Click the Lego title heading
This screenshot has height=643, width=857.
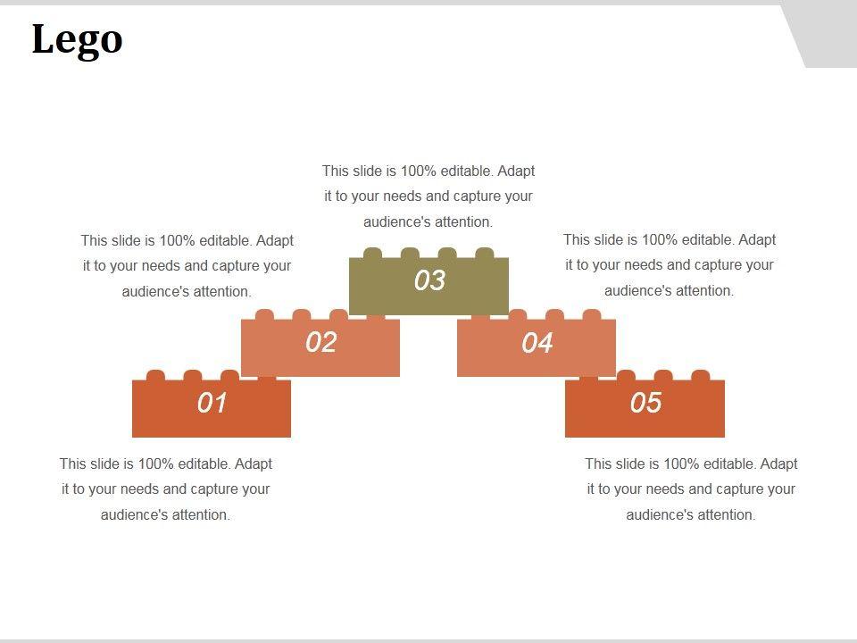pyautogui.click(x=77, y=39)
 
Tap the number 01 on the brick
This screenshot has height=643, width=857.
pyautogui.click(x=212, y=403)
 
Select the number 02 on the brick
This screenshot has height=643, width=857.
pyautogui.click(x=320, y=342)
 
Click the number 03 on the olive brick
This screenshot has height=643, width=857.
pyautogui.click(x=429, y=280)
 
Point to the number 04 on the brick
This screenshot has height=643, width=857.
pyautogui.click(x=537, y=343)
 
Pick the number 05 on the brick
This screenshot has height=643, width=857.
pyautogui.click(x=645, y=403)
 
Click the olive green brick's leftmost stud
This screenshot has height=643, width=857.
pyautogui.click(x=373, y=253)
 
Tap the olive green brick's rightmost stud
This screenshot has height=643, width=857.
pyautogui.click(x=484, y=253)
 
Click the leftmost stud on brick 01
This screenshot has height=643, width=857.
pyautogui.click(x=155, y=376)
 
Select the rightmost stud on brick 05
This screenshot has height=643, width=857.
pyautogui.click(x=701, y=376)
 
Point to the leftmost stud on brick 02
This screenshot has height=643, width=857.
pyautogui.click(x=264, y=315)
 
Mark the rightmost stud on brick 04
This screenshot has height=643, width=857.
pyautogui.click(x=591, y=315)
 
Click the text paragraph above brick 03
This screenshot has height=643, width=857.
pyautogui.click(x=428, y=196)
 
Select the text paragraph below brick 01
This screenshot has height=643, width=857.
pyautogui.click(x=166, y=489)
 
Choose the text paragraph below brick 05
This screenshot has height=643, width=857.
pyautogui.click(x=691, y=489)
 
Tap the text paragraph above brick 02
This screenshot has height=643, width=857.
pyautogui.click(x=187, y=266)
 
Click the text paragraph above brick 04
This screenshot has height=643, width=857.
pyautogui.click(x=670, y=265)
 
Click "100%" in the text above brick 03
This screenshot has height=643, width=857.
pyautogui.click(x=419, y=171)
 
